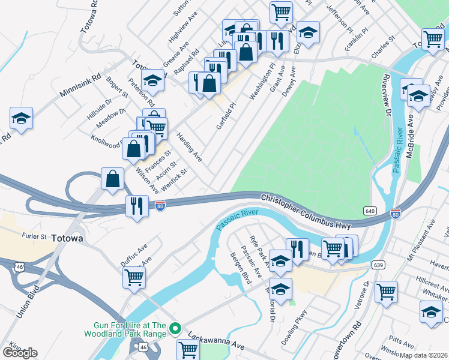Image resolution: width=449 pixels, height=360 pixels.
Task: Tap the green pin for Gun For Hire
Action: point(175,328)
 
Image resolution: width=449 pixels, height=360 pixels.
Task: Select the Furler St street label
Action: point(34,236)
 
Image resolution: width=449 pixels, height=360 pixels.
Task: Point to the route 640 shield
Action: point(370,211)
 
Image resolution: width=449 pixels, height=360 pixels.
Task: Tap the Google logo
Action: point(20,353)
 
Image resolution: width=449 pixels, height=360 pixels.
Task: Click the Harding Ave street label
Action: point(189,148)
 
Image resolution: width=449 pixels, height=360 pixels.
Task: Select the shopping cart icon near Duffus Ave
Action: point(134,277)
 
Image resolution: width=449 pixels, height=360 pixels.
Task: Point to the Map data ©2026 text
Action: point(423,355)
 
